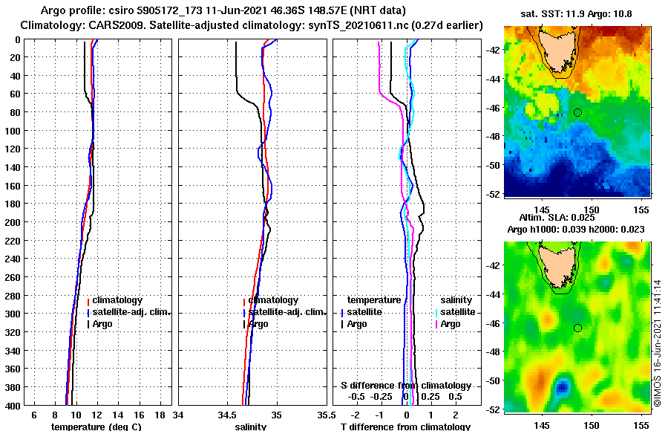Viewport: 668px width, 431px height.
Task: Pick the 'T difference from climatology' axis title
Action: (405, 427)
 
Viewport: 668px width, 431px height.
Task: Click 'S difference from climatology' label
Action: (405, 386)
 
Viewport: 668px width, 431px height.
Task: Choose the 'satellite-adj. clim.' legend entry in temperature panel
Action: (134, 312)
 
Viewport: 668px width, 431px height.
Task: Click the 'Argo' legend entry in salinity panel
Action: (258, 324)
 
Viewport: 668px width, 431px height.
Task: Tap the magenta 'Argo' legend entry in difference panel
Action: (451, 324)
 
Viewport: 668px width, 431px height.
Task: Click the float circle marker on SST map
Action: (577, 112)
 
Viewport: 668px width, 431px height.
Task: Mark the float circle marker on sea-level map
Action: (577, 328)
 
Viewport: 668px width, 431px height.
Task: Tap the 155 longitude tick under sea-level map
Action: (642, 426)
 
